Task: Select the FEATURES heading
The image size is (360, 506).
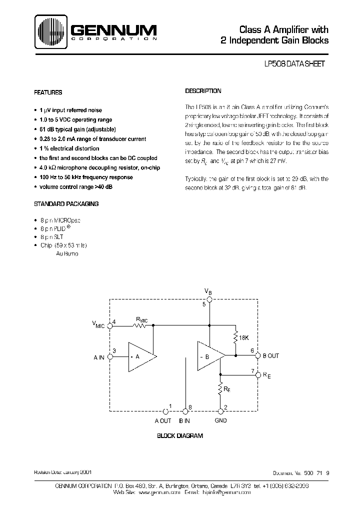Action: click(x=48, y=92)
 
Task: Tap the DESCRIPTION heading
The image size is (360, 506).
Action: click(x=203, y=91)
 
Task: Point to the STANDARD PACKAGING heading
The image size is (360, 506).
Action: click(x=66, y=203)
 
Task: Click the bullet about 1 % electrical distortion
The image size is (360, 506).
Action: click(x=69, y=148)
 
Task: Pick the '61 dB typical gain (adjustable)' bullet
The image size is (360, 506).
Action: click(x=77, y=129)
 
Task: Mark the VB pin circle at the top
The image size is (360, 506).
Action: click(x=210, y=299)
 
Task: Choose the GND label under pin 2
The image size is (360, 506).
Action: click(x=220, y=420)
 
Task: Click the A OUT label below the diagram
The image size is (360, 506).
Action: click(x=163, y=420)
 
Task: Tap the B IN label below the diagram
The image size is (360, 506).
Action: click(x=184, y=420)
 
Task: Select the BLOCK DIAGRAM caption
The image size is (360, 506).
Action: click(x=180, y=436)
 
